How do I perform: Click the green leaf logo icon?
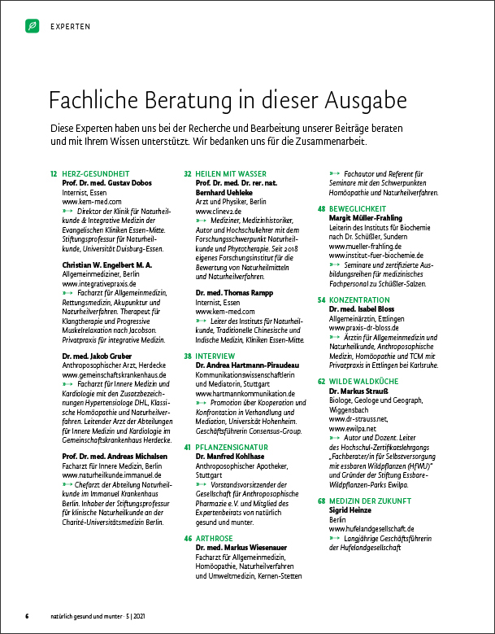pos(32,26)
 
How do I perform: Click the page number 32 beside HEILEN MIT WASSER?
pos(188,173)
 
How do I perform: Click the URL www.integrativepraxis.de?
pos(102,283)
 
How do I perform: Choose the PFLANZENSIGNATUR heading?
pos(231,448)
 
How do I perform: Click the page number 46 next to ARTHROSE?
pos(188,539)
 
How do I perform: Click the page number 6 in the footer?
pos(27,615)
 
